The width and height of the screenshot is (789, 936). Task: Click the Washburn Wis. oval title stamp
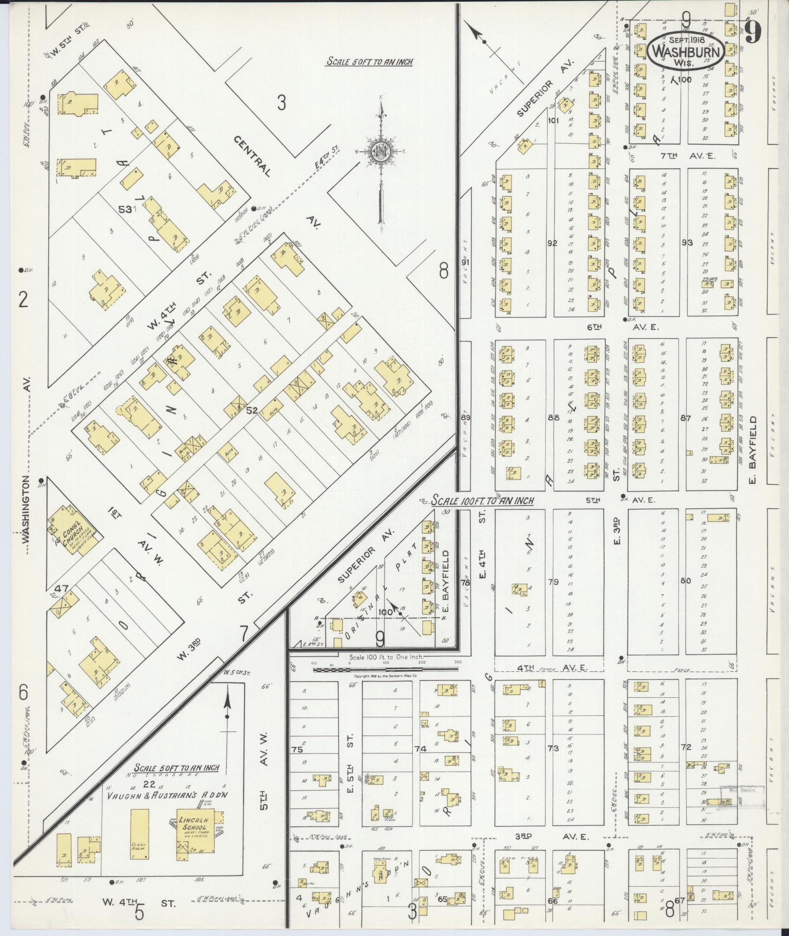tap(686, 50)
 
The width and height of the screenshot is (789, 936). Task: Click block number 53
tap(125, 210)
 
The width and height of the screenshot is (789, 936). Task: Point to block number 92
tap(552, 243)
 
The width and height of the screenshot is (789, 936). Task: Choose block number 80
tap(685, 581)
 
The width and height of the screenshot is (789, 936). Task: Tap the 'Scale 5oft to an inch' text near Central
tap(369, 62)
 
